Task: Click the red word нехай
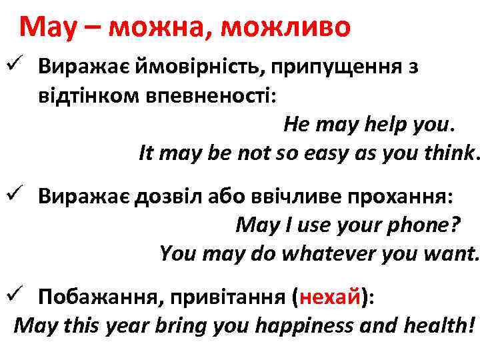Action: click(x=331, y=296)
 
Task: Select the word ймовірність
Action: click(x=181, y=67)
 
